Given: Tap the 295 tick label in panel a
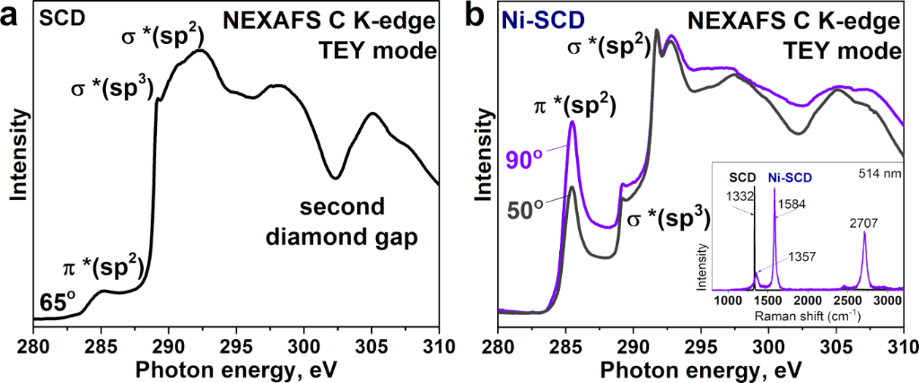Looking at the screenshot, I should [x=236, y=346].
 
